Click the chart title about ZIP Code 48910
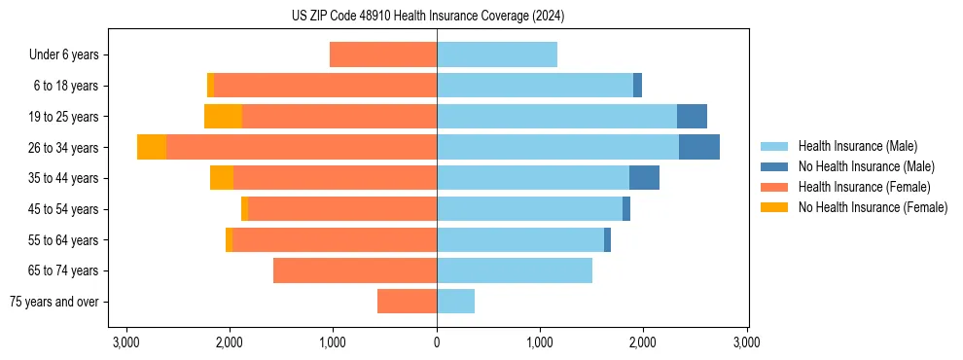tap(427, 17)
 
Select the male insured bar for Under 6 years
tap(496, 54)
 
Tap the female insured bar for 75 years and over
tap(407, 302)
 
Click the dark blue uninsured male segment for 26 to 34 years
tap(698, 147)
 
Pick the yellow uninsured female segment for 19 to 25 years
tap(223, 117)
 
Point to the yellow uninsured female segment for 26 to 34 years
tap(152, 147)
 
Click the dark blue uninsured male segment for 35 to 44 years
tap(644, 178)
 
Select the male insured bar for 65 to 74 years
tap(514, 270)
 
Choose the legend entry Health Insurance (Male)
tap(857, 146)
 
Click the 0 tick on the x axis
tap(437, 342)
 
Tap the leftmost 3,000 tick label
tap(126, 342)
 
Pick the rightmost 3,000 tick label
tap(746, 342)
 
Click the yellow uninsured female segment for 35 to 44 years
tap(222, 178)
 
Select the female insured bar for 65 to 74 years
tap(354, 270)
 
